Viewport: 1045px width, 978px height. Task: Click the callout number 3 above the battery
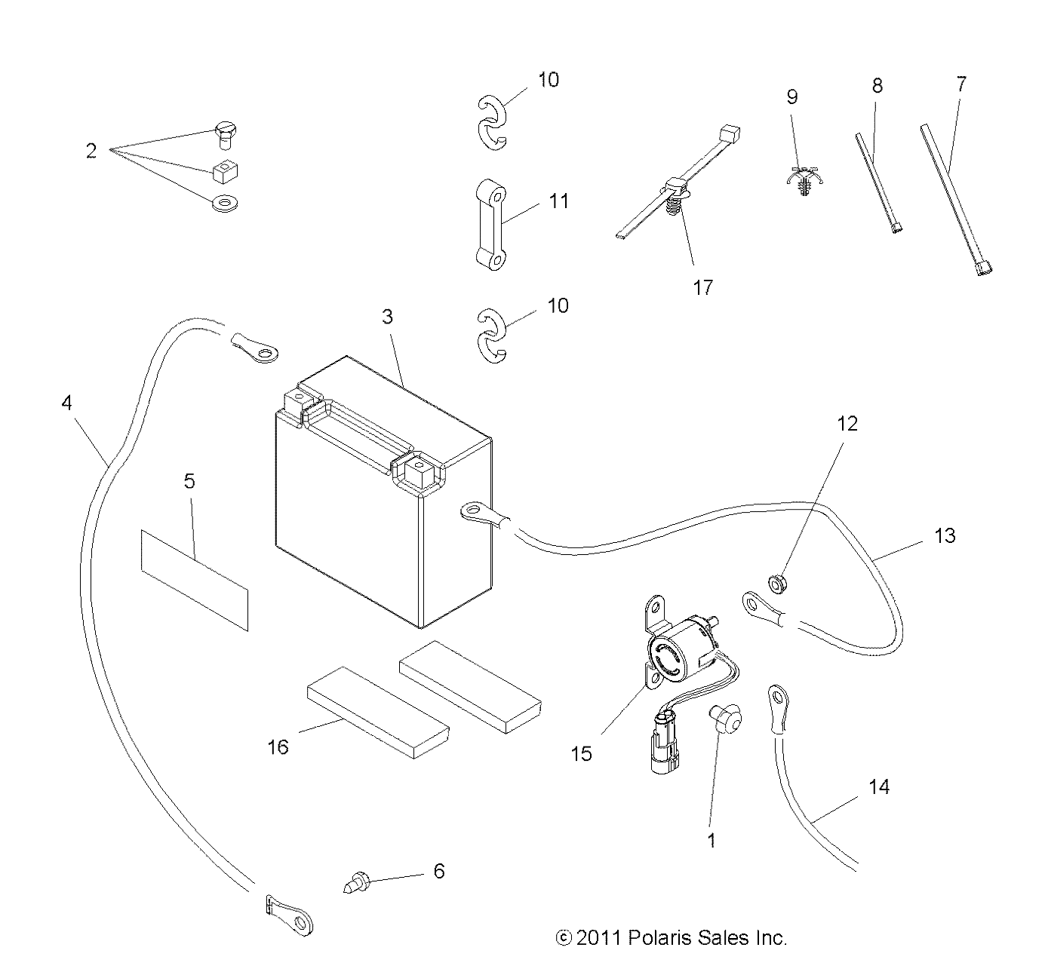point(387,317)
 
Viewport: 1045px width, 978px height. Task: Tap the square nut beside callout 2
point(225,171)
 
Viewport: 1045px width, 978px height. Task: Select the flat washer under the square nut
point(225,203)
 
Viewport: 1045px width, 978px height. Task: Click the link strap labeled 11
point(491,225)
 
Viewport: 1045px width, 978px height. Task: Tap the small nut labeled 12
point(777,584)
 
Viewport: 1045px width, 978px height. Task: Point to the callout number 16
point(278,747)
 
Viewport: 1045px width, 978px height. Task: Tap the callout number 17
point(703,288)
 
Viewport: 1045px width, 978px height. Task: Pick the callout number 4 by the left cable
point(67,403)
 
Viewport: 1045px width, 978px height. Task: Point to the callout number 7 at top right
point(960,84)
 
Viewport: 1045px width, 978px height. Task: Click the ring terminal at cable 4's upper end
point(254,348)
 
